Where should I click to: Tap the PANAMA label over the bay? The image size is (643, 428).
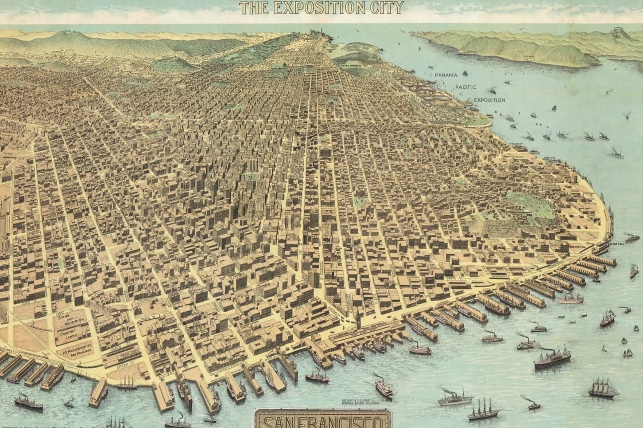click(445, 75)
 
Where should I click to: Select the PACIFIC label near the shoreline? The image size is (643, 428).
click(466, 87)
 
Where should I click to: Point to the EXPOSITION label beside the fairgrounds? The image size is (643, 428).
click(489, 100)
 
